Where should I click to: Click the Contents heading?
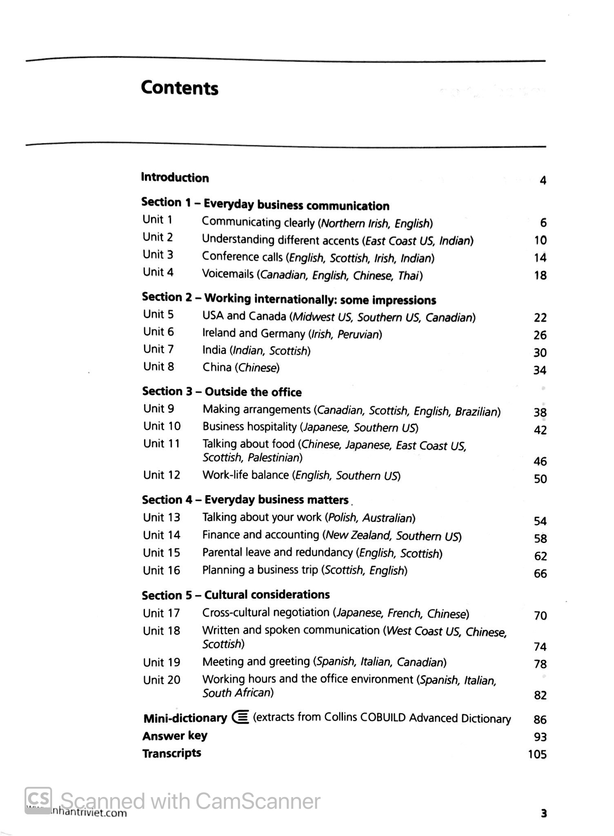pyautogui.click(x=179, y=88)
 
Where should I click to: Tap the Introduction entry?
pyautogui.click(x=175, y=178)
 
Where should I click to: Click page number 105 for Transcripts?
pyautogui.click(x=537, y=754)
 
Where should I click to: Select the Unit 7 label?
pyautogui.click(x=158, y=349)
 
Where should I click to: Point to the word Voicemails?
pyautogui.click(x=228, y=274)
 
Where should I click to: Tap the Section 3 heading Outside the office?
pyautogui.click(x=222, y=392)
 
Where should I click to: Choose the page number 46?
pyautogui.click(x=540, y=461)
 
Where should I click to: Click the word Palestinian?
pyautogui.click(x=275, y=458)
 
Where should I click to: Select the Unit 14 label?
pyautogui.click(x=162, y=535)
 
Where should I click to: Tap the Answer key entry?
pyautogui.click(x=175, y=736)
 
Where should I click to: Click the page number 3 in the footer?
pyautogui.click(x=543, y=814)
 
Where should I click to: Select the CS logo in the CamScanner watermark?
pyautogui.click(x=38, y=800)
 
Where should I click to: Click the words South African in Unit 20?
pyautogui.click(x=238, y=693)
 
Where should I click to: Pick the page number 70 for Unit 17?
pyautogui.click(x=540, y=615)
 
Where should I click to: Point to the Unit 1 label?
pyautogui.click(x=158, y=220)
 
